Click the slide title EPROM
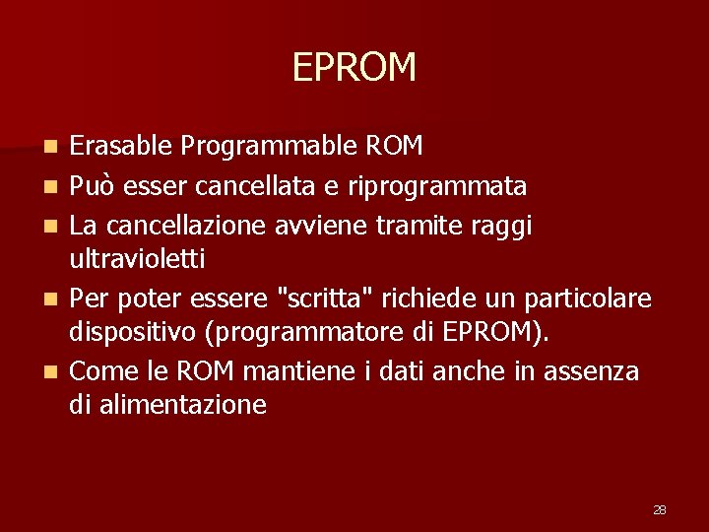click(x=354, y=67)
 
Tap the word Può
click(x=93, y=185)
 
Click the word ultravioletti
click(x=137, y=260)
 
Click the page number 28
click(x=660, y=509)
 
